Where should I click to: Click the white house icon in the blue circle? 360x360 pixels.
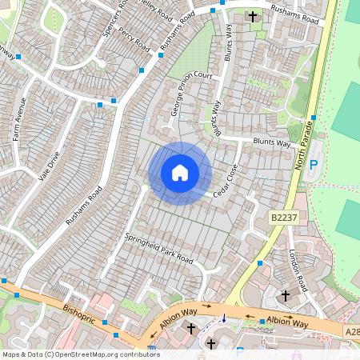180,173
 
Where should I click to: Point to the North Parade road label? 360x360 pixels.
305,145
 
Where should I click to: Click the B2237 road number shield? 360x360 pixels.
283,217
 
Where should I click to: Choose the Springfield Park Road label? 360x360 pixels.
159,249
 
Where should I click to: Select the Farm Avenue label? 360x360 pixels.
20,118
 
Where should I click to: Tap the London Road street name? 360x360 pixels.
297,270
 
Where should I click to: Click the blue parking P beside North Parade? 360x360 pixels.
314,164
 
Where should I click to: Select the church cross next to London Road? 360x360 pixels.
286,296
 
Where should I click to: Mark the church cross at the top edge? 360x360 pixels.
253,16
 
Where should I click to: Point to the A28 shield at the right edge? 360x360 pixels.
353,330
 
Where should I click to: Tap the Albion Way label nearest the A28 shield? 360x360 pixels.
288,322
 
